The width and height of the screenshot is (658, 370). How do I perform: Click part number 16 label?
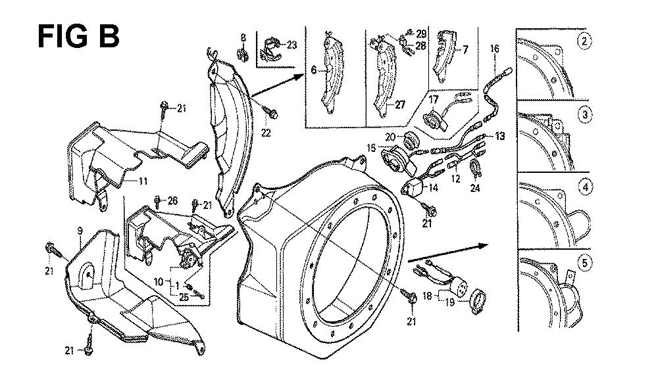(495, 48)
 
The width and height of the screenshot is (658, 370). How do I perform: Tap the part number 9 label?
(79, 230)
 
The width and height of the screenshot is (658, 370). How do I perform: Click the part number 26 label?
(173, 200)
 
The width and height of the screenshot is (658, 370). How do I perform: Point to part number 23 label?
(292, 44)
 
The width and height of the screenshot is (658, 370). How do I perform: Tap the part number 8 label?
(242, 37)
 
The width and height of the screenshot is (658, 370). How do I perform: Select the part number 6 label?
(314, 69)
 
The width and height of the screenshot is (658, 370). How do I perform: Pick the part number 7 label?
(466, 49)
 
